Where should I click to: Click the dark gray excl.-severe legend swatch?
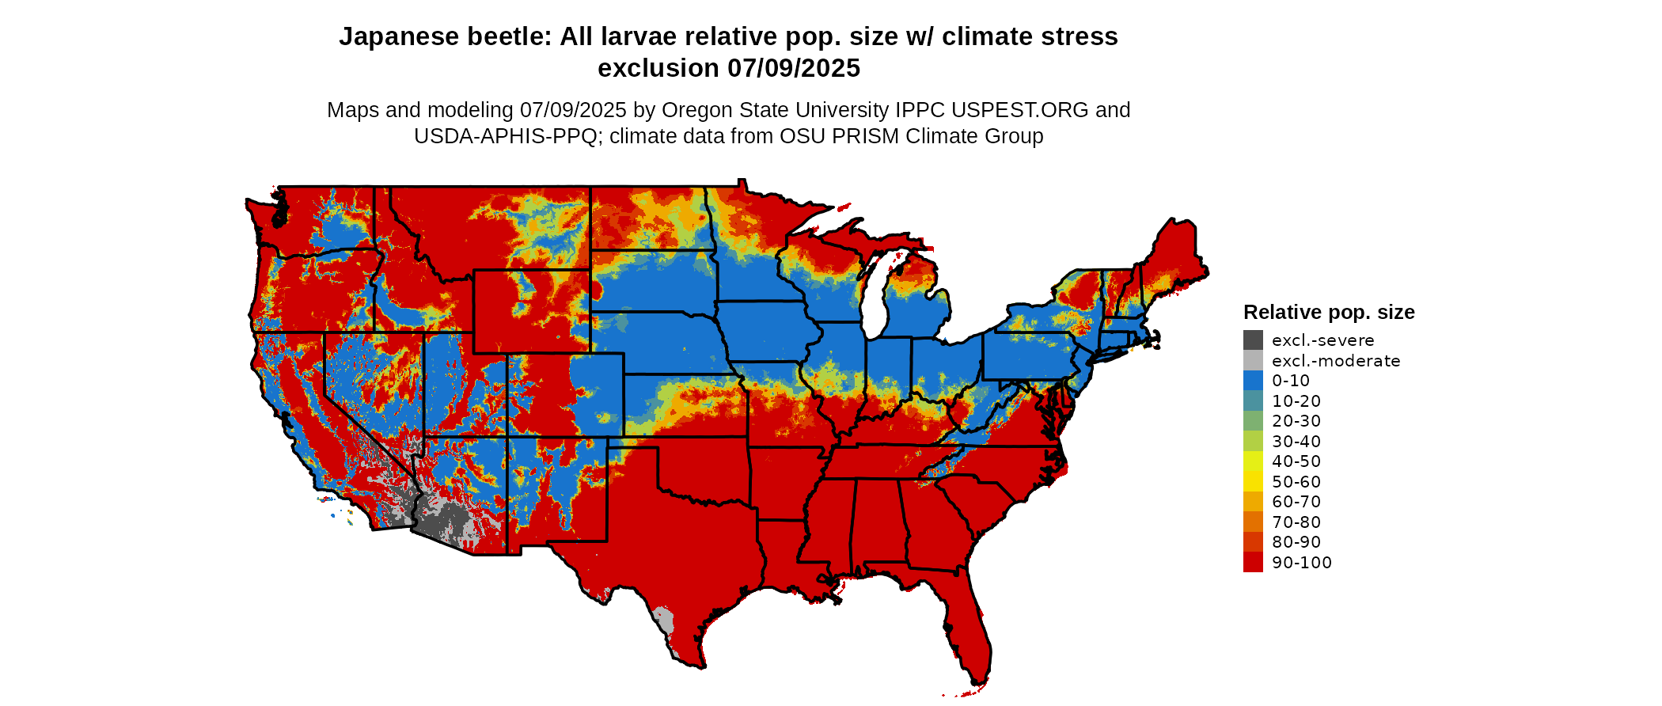pos(1253,340)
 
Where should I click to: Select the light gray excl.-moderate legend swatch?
pos(1253,361)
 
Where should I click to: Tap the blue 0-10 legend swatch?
pos(1253,381)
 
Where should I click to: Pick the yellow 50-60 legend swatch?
pos(1253,481)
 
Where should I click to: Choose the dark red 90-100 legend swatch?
pos(1253,562)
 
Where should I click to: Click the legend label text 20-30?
pos(1296,421)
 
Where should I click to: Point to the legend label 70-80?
pos(1296,522)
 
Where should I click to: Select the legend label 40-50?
pos(1296,461)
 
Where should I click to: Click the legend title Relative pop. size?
pos(1329,312)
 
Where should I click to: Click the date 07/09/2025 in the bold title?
pos(794,68)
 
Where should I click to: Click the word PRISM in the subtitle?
pos(869,136)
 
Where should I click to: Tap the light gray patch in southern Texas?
pos(663,620)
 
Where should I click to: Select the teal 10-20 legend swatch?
pos(1253,400)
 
